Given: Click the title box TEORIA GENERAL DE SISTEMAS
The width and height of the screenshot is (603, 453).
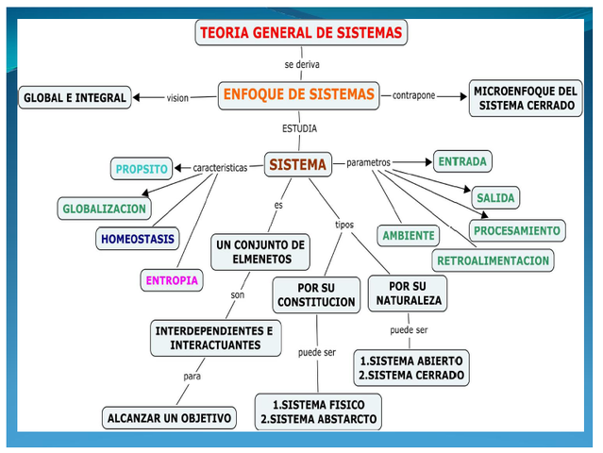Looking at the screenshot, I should coord(301,33).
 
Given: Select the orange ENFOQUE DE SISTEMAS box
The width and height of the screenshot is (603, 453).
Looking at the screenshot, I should coord(298,94).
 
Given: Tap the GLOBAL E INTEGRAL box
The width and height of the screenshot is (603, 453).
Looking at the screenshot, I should coord(75,97).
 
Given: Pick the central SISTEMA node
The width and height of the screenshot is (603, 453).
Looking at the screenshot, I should coord(297,165).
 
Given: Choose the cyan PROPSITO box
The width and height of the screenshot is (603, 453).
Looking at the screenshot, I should coord(142,170).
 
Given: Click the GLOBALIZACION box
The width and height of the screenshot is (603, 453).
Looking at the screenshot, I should coord(104,209).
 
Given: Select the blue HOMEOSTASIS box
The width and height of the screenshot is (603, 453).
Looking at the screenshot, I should coord(138,240).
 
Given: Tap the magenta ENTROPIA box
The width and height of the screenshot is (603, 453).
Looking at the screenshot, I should coord(171,280).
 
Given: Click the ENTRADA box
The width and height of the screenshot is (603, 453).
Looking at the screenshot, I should coord(462,162).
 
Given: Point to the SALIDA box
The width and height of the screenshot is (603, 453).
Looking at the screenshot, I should coord(495,198).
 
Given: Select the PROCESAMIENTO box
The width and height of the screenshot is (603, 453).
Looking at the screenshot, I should coord(517,230).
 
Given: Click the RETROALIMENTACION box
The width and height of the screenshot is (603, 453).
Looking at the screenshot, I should coord(494,260).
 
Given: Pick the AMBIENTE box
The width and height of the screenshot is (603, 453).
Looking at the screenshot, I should coord(409,236).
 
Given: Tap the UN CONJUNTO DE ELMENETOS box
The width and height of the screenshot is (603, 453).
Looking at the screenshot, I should coord(261,252).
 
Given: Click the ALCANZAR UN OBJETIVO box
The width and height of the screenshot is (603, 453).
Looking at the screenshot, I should coord(169,417).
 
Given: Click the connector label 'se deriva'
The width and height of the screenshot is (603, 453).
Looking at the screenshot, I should coord(302,64).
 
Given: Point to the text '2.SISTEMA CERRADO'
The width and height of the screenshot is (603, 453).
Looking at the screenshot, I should coord(411,375).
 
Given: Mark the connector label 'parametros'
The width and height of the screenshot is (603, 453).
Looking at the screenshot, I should coord(368,162).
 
